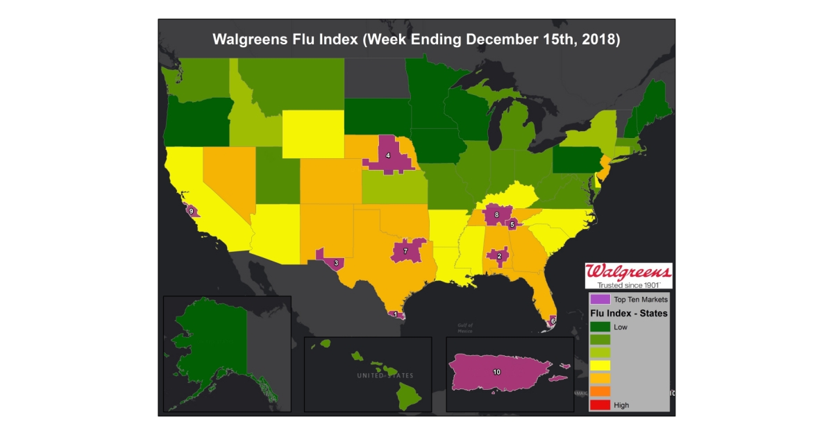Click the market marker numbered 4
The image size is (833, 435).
[388, 155]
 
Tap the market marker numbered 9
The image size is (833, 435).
[191, 211]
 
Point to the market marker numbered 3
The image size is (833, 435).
[336, 263]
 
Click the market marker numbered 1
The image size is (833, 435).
[396, 314]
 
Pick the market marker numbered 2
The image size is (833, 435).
[499, 256]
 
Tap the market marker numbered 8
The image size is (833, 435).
[496, 215]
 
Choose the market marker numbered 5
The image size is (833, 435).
[512, 224]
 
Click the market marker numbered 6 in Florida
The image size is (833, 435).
[553, 321]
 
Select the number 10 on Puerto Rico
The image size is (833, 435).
[496, 372]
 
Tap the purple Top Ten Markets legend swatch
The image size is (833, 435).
[600, 300]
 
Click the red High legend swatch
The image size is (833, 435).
[600, 404]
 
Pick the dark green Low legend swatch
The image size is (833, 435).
[600, 326]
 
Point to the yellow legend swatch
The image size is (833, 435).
[600, 365]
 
